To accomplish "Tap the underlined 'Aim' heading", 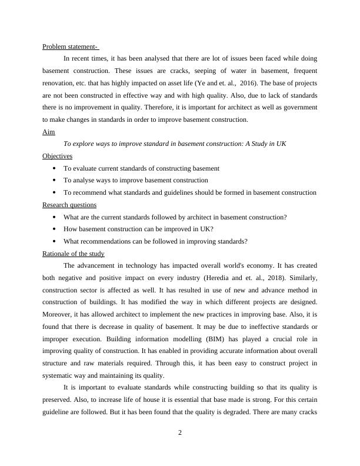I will (x=48, y=132).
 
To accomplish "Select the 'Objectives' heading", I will (x=57, y=156).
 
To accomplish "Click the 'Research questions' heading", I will (x=69, y=205).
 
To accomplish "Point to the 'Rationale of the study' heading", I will (x=74, y=254).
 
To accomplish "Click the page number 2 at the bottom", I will (x=180, y=432).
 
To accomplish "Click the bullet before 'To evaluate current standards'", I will (x=54, y=168).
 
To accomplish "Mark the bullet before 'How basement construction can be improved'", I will (x=54, y=229).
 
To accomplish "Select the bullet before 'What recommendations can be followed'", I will (x=54, y=241).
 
